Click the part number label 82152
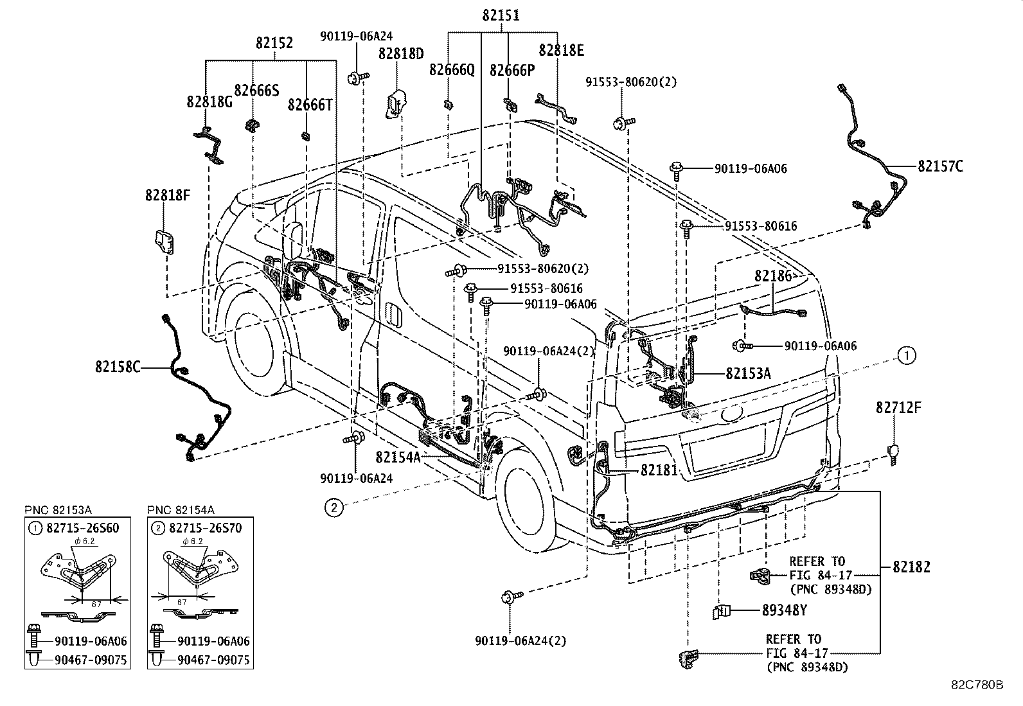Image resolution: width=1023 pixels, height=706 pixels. pos(274,43)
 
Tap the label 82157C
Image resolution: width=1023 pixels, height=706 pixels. pos(940,166)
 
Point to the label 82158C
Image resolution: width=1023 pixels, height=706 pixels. pos(118,367)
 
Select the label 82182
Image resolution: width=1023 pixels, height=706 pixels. pos(911,567)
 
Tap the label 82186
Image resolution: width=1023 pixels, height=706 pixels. pos(773,276)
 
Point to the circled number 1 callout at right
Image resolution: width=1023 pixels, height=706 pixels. pos(907,355)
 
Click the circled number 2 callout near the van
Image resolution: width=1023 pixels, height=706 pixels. pos(334,508)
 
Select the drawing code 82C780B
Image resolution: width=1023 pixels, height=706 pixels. pos(977,685)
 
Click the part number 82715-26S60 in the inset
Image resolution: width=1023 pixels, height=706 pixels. pos(82,528)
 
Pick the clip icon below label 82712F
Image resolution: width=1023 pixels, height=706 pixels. pos(893,451)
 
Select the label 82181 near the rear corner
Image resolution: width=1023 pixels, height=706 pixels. pos(659,470)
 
